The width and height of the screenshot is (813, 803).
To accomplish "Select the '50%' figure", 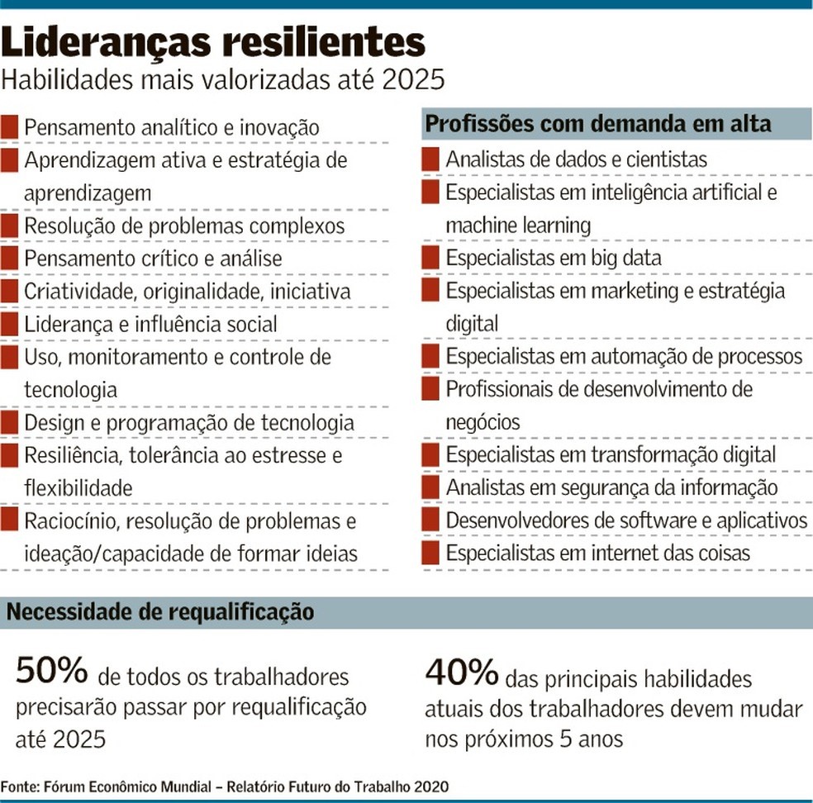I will (x=51, y=671).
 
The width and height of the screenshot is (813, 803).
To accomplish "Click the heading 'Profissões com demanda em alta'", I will (x=598, y=124).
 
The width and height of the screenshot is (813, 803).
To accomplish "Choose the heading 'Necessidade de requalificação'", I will (x=160, y=612).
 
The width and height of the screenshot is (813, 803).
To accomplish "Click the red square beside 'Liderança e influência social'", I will (x=9, y=324).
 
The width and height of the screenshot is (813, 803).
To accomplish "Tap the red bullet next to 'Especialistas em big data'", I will (x=430, y=258).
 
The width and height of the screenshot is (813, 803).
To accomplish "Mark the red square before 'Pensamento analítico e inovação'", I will (x=9, y=127).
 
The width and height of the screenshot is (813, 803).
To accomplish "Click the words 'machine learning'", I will (x=518, y=225).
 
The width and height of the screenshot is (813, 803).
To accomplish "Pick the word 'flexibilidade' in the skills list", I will (x=78, y=488).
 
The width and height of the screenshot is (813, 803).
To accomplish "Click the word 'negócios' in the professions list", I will (x=483, y=422).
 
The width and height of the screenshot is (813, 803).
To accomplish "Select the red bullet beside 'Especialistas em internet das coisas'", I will (x=430, y=553).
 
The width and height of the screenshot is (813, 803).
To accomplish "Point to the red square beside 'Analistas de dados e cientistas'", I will (x=430, y=159).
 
